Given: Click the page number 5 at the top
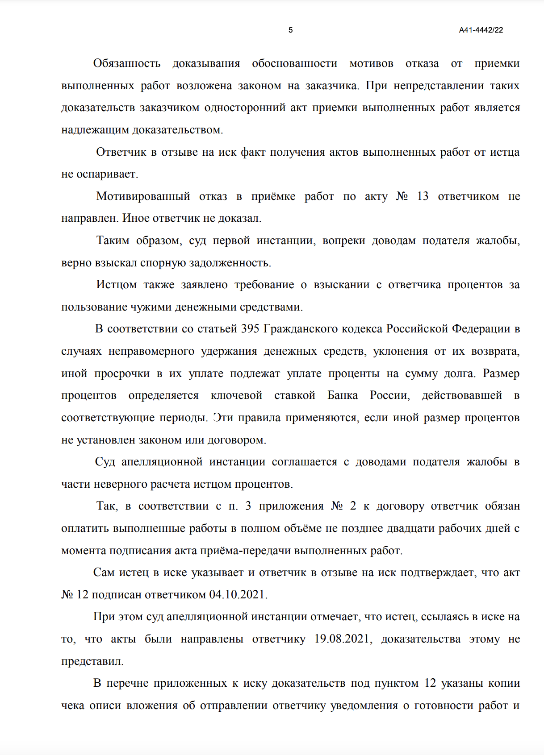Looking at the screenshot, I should (x=290, y=30).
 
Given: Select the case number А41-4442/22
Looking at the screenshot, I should (x=481, y=30).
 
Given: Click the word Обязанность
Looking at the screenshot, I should (x=127, y=63).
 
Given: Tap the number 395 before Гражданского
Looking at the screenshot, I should (x=250, y=329).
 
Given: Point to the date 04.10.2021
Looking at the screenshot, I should (x=238, y=595).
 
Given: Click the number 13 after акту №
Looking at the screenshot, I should (x=423, y=196).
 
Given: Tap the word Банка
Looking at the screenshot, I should (x=343, y=395).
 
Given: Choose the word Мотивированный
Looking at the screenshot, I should (x=143, y=196).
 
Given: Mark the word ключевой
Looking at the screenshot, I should (x=236, y=395).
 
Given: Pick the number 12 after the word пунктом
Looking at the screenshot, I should (x=430, y=683).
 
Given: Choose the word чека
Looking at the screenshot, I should (x=72, y=705).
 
